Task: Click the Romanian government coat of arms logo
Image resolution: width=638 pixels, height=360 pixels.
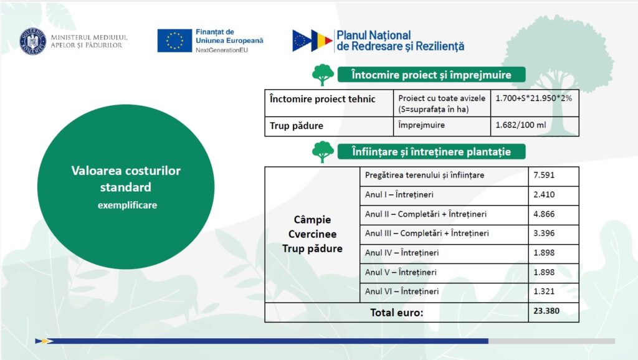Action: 33,41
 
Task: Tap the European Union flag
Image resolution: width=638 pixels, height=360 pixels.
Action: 174,40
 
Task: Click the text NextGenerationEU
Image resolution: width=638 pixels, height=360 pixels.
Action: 222,50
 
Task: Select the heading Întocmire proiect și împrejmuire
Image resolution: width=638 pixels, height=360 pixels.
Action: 431,75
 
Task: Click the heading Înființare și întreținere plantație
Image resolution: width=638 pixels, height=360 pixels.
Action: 431,152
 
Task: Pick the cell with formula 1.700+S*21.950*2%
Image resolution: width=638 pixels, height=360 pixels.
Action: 535,103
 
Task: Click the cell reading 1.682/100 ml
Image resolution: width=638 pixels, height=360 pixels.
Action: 535,126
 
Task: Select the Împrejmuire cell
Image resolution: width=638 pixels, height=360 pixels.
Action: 442,126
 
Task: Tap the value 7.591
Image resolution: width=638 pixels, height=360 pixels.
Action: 544,175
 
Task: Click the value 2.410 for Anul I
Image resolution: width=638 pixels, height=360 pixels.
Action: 544,194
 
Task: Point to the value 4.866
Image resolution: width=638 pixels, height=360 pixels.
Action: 544,214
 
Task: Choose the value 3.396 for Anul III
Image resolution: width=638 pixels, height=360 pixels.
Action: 544,233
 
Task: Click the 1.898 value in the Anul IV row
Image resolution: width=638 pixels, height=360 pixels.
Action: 544,253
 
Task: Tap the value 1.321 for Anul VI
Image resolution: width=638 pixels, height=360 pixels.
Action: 544,291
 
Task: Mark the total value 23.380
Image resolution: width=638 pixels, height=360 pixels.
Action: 546,311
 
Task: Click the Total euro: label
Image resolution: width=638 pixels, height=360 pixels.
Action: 397,313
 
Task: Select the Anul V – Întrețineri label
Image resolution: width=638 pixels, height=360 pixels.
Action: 401,272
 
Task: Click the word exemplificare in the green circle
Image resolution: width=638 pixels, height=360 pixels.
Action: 127,206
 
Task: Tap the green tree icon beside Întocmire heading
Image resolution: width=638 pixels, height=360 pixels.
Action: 323,75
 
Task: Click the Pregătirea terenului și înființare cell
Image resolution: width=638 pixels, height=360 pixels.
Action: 444,176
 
